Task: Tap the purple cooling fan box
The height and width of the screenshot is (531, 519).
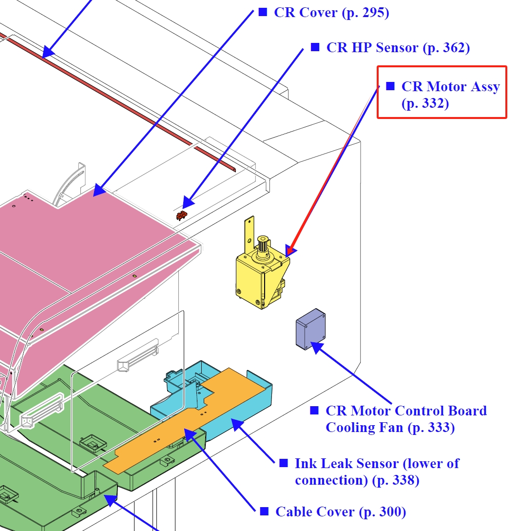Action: (x=310, y=330)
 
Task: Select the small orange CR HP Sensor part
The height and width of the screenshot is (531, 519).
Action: (x=182, y=215)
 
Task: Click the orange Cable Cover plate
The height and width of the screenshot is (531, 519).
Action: (x=195, y=424)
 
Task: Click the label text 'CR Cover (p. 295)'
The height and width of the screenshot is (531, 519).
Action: (x=331, y=12)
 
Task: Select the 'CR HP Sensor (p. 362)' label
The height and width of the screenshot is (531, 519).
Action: (x=398, y=47)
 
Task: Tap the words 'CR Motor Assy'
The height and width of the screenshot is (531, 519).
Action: (x=450, y=87)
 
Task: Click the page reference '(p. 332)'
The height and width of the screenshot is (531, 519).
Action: (x=425, y=103)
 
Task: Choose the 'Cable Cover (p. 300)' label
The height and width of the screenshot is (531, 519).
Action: (x=340, y=511)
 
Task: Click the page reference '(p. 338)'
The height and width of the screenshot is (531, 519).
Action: (x=395, y=480)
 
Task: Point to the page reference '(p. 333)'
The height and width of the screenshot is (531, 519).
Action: (x=431, y=428)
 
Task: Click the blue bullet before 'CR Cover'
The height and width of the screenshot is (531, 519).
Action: (x=263, y=12)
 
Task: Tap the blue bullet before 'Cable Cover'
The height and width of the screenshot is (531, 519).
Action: (x=264, y=511)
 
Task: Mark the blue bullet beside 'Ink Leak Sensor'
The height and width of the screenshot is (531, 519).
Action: (x=283, y=463)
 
